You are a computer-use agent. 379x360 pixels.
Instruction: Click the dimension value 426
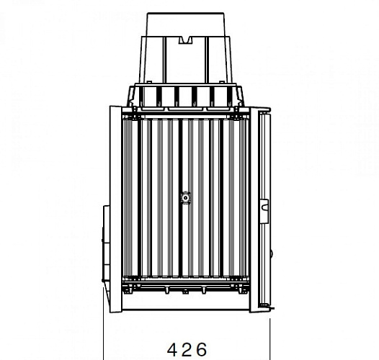(187, 349)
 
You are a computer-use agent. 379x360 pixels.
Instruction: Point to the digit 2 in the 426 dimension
(187, 349)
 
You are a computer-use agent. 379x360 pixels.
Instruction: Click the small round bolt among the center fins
(185, 197)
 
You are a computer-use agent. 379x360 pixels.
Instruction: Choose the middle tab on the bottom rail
(185, 291)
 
